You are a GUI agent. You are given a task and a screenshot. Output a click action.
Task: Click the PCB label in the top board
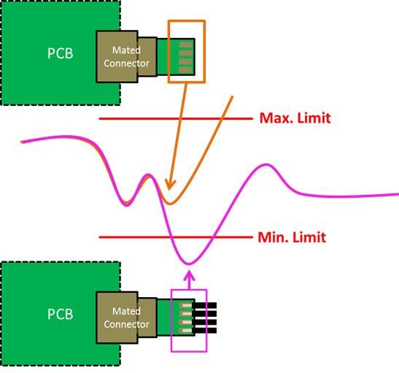coord(60,53)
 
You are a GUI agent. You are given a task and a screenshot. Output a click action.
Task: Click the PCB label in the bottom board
coord(60,314)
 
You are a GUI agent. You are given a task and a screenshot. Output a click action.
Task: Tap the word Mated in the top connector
coord(126,50)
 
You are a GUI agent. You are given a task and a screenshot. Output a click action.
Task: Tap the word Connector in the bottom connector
coord(126,324)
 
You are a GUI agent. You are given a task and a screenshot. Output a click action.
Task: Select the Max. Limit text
coord(295,118)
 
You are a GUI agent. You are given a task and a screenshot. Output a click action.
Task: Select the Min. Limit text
coord(292,237)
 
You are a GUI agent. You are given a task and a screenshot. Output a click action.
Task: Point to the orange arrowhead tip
coord(168,190)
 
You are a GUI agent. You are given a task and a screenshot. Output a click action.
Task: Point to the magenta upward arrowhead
coord(189,276)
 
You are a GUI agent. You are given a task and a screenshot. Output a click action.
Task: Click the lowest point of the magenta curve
coord(189,264)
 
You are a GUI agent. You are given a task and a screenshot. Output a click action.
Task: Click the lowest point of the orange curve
coord(170,204)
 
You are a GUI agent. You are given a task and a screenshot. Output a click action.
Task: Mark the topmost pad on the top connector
coord(185,45)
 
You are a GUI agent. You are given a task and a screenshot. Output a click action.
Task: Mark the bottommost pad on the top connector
coord(185,70)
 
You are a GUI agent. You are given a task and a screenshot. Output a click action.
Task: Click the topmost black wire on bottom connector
coord(204,306)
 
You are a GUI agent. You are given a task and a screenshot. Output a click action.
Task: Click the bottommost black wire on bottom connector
coord(204,331)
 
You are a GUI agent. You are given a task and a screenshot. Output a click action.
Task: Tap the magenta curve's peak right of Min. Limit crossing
coord(266,166)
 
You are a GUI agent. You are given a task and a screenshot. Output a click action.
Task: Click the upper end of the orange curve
coord(232,96)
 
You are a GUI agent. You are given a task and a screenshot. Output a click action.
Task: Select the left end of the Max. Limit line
coord(99,118)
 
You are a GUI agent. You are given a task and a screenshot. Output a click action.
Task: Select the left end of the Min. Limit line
coord(99,237)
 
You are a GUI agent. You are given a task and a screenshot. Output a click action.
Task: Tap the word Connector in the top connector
coord(126,64)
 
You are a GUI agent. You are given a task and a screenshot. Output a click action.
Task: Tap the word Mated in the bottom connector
coord(126,311)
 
